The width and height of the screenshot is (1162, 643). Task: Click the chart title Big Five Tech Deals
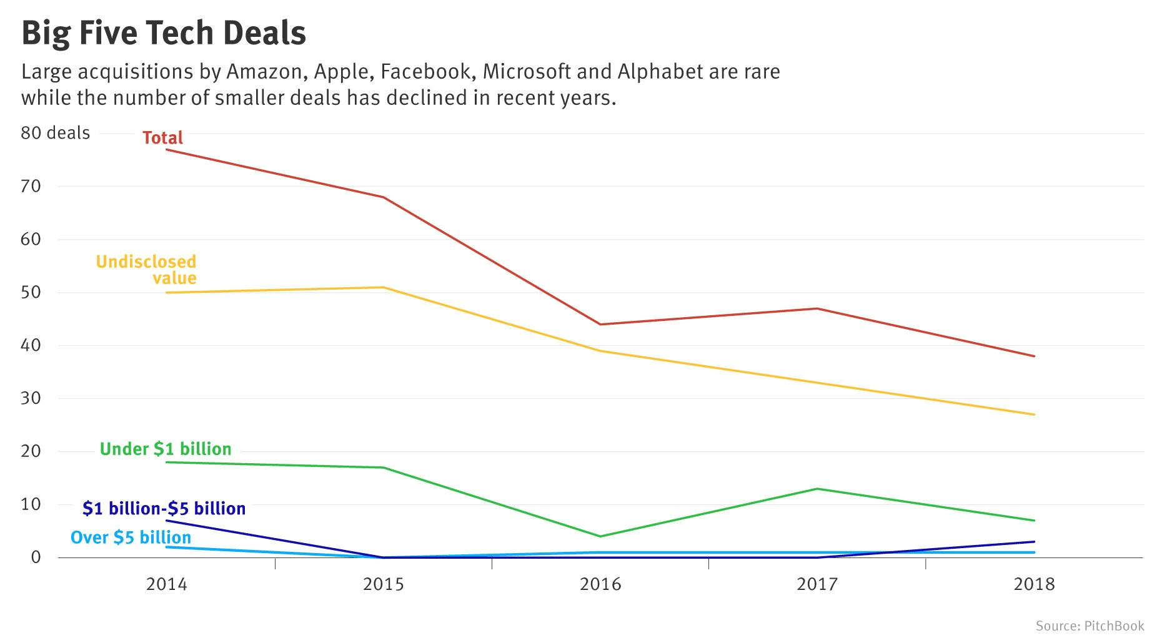(164, 33)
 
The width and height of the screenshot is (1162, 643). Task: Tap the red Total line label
(162, 138)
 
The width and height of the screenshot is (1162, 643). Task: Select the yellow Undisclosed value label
(146, 270)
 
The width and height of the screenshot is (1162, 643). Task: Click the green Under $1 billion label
(166, 449)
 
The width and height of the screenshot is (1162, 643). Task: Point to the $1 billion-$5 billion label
(164, 509)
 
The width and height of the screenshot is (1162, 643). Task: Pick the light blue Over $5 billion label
(131, 537)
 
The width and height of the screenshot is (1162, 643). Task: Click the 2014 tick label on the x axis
(166, 584)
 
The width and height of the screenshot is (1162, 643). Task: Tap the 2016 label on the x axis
(600, 584)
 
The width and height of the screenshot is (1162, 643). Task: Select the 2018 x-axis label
(1034, 584)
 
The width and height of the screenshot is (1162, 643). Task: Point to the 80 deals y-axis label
(56, 134)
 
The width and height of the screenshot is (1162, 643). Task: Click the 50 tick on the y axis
(31, 292)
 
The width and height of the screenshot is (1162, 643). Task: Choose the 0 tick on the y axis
(36, 557)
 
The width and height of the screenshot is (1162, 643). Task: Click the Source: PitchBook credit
(1090, 626)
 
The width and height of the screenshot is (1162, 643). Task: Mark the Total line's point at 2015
(384, 197)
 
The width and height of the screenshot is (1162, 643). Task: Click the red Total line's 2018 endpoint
(1035, 356)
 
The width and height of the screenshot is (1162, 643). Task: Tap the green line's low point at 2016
(600, 536)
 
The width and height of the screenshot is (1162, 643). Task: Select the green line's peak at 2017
(817, 489)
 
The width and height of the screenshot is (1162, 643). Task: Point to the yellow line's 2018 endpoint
(1035, 415)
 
